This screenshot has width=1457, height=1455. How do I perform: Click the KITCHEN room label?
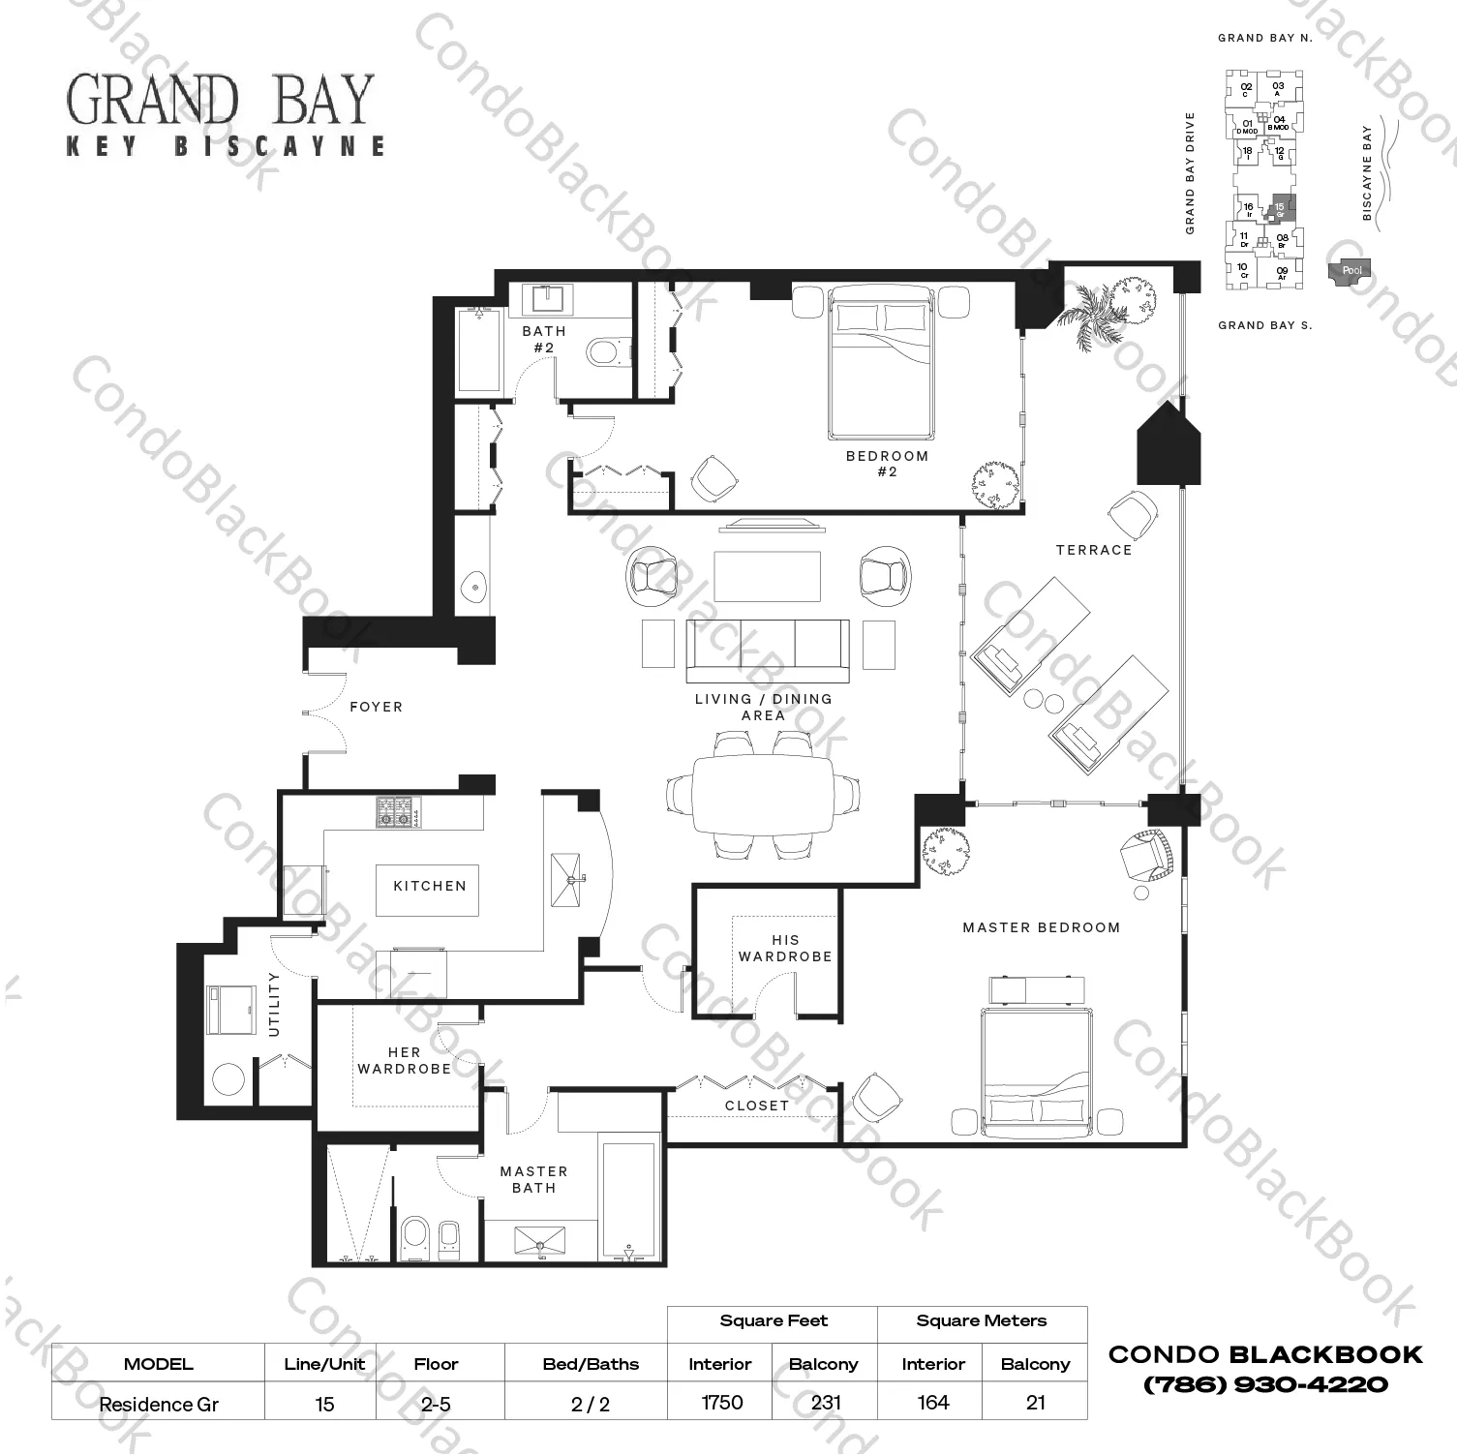[429, 886]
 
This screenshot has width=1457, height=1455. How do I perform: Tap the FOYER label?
[376, 708]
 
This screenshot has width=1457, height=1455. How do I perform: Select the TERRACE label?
[1094, 550]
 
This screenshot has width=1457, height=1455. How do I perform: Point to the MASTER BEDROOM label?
[1041, 927]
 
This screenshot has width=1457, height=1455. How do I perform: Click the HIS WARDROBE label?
[785, 949]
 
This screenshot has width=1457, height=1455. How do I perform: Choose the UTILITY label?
[274, 1004]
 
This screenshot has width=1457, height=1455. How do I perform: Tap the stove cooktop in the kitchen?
[399, 811]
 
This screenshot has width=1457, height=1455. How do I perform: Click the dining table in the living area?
[763, 794]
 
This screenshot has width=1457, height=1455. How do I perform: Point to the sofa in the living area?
[767, 651]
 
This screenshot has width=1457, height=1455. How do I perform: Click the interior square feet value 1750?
[721, 1403]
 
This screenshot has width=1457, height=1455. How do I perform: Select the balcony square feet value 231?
[825, 1403]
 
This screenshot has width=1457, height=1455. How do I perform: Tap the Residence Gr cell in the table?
[159, 1404]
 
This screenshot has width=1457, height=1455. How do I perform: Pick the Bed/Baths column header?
[591, 1364]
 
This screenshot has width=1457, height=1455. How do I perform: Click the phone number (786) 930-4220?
[1265, 1385]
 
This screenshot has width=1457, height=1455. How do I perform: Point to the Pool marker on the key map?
[1351, 271]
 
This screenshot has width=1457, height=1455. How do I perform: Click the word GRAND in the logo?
[152, 101]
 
